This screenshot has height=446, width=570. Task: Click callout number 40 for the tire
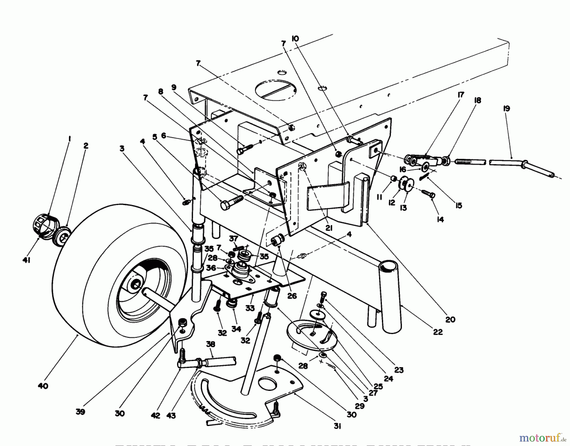click(43, 386)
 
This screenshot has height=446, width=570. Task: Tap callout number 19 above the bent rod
click(506, 109)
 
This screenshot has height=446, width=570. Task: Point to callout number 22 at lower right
click(438, 332)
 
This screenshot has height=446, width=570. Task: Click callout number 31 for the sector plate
click(337, 426)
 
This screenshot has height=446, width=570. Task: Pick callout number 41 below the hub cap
click(26, 260)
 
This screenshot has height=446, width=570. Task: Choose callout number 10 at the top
click(295, 39)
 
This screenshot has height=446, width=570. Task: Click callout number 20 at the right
click(450, 319)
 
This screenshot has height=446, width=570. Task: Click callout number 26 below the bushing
click(292, 295)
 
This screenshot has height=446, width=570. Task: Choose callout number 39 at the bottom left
click(80, 412)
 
